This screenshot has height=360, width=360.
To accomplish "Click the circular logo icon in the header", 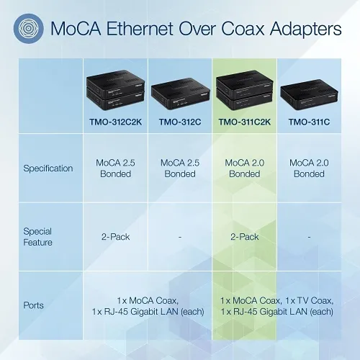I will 27,30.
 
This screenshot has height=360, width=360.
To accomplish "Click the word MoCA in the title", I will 73,30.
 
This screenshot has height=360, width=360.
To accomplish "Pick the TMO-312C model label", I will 180,122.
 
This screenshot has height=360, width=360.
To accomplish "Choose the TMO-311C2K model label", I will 246,122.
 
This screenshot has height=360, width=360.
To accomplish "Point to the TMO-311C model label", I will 309,122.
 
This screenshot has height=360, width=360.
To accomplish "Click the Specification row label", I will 48,168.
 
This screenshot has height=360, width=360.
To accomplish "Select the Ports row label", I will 34,305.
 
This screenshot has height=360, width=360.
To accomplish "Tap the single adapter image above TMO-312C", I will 180,94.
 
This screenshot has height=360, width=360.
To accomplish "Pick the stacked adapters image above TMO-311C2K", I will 246,89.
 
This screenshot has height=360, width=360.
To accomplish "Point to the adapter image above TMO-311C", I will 309,94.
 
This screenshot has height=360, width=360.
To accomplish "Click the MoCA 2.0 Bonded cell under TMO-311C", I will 309,168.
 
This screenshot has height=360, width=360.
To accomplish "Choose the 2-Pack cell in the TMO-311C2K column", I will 246,236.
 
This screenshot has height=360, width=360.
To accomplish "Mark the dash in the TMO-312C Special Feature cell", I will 180,236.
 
